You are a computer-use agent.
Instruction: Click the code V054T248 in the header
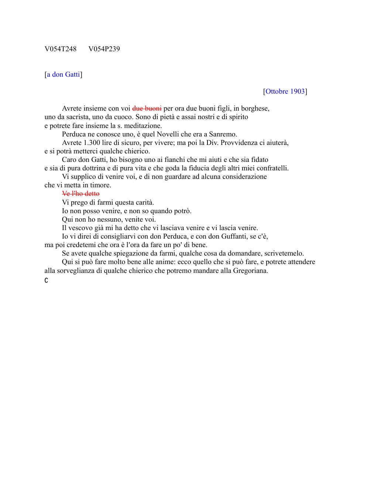pyautogui.click(x=61, y=49)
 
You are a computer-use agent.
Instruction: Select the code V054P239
pyautogui.click(x=104, y=49)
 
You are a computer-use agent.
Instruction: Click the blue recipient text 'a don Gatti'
pyautogui.click(x=63, y=74)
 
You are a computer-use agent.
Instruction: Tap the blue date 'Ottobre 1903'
pyautogui.click(x=285, y=91)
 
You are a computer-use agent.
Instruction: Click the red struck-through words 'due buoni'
pyautogui.click(x=147, y=108)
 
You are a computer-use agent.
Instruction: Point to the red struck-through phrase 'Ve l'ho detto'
pyautogui.click(x=80, y=194)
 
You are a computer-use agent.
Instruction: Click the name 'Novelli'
pyautogui.click(x=167, y=134)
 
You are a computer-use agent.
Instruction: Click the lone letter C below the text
pyautogui.click(x=46, y=281)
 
